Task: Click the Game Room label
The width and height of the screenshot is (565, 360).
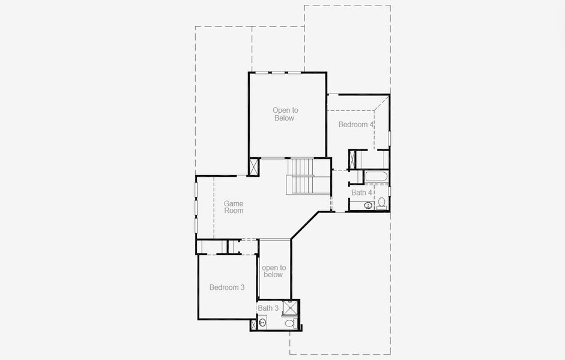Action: [x=234, y=207]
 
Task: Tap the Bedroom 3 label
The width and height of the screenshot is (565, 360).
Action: [x=226, y=287]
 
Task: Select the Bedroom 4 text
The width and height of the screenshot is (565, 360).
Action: [x=356, y=124]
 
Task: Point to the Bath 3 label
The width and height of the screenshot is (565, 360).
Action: [x=268, y=308]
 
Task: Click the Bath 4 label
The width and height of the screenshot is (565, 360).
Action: [x=361, y=193]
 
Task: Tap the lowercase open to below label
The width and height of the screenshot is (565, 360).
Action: [x=273, y=271]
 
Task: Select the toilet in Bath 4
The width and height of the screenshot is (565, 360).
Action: [x=381, y=203]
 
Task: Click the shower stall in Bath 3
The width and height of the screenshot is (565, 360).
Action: [x=291, y=307]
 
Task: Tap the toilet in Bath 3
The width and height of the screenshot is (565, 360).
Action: [x=290, y=323]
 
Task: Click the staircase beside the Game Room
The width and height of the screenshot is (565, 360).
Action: [x=300, y=176]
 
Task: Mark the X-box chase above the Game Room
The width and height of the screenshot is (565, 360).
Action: [x=254, y=167]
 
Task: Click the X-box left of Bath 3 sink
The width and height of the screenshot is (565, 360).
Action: [x=253, y=324]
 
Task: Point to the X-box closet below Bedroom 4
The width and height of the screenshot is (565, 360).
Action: [x=352, y=160]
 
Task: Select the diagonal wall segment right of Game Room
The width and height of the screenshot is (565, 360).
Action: [x=304, y=226]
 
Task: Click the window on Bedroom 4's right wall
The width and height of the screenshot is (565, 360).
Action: [x=389, y=137]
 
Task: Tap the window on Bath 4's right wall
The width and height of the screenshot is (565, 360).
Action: [x=389, y=191]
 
